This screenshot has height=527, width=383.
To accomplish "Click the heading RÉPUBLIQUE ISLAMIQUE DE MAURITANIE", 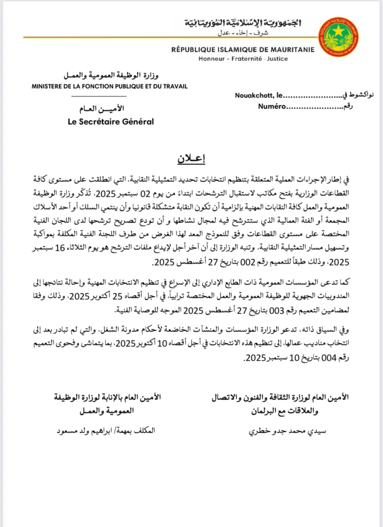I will (243, 50).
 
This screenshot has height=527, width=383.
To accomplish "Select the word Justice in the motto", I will (278, 59).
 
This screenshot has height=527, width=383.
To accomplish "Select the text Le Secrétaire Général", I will (110, 122).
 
